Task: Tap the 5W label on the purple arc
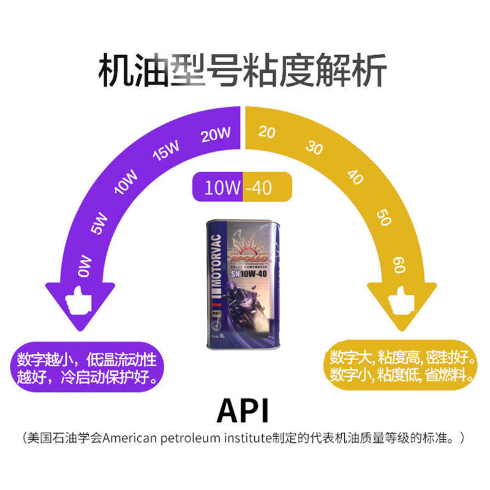100,224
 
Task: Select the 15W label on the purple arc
166,151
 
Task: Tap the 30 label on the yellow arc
314,147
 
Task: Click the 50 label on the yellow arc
384,217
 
